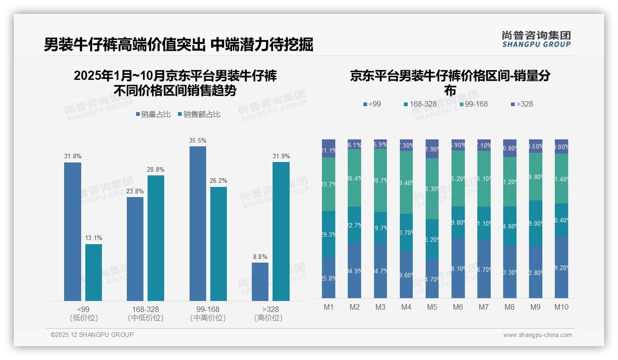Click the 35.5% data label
pyautogui.click(x=197, y=140)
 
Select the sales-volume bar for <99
pyautogui.click(x=72, y=232)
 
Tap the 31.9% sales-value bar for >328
pyautogui.click(x=281, y=231)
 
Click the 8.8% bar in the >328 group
pyautogui.click(x=260, y=282)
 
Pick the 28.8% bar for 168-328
pyautogui.click(x=156, y=238)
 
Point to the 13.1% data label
pyautogui.click(x=94, y=238)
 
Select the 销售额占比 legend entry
pyautogui.click(x=199, y=114)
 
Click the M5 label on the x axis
pyautogui.click(x=432, y=307)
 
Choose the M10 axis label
pyautogui.click(x=561, y=307)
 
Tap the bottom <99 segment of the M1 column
pyautogui.click(x=328, y=278)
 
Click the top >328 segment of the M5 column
pyautogui.click(x=432, y=149)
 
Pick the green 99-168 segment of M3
pyautogui.click(x=380, y=180)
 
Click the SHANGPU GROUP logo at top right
pyautogui.click(x=536, y=39)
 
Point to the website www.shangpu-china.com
pyautogui.click(x=537, y=335)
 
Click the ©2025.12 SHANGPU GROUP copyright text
pyautogui.click(x=92, y=335)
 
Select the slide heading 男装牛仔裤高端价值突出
pyautogui.click(x=125, y=45)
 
